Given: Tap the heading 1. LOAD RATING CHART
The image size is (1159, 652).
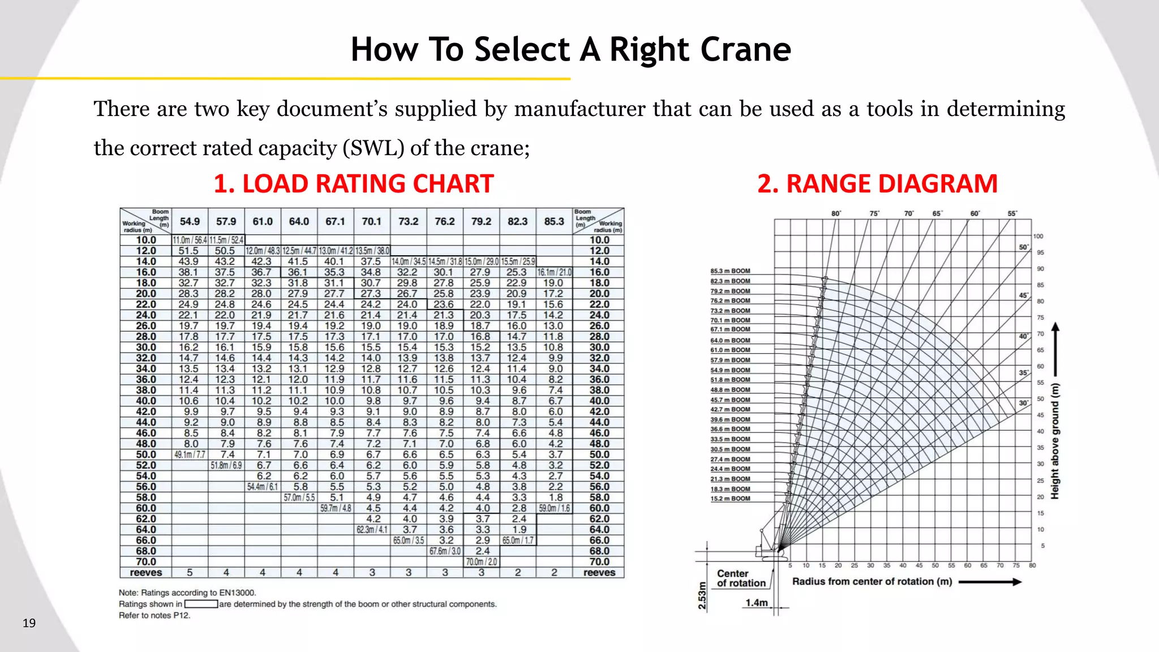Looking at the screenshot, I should click(354, 184).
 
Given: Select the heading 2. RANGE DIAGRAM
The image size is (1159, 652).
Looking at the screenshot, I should click(877, 184).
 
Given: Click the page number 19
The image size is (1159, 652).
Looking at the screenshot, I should click(29, 623).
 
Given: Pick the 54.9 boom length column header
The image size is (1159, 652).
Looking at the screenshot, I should click(190, 221).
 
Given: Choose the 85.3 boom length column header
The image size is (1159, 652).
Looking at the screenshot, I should click(554, 221).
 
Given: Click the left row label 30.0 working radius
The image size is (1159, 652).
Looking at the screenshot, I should click(145, 347).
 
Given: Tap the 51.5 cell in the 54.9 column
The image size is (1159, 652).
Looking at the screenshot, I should click(188, 251).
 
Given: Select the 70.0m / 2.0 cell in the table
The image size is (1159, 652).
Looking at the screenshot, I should click(481, 562).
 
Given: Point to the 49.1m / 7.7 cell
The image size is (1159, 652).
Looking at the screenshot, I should click(190, 454).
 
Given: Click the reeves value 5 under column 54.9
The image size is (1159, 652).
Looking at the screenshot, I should click(190, 572).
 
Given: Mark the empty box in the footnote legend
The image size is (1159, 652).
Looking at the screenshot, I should click(201, 604).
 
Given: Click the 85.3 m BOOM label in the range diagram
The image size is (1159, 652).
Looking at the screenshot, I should click(730, 271).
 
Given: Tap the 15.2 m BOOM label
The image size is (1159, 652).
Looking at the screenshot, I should click(730, 499).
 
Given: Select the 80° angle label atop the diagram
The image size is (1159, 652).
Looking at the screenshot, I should click(836, 213).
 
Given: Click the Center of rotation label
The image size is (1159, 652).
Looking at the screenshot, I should click(741, 578).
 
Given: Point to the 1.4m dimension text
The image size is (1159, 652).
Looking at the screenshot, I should click(756, 603).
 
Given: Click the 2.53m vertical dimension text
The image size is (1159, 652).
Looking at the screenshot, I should click(702, 595).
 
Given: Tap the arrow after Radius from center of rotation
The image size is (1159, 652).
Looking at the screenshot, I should click(990, 582).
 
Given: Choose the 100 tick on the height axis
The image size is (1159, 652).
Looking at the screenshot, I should click(1038, 237).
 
